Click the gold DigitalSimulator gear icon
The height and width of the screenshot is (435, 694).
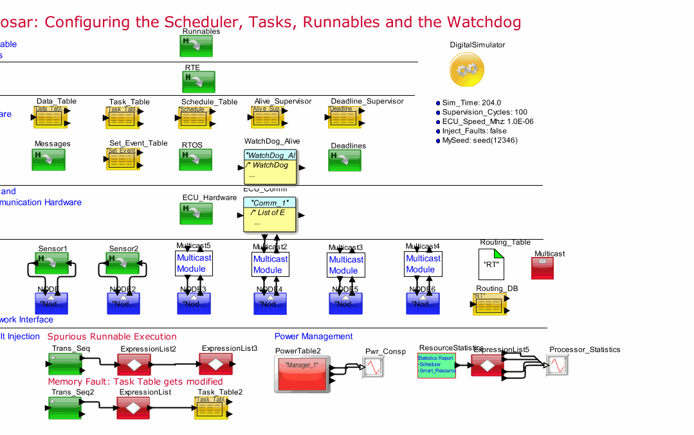tap(467, 69)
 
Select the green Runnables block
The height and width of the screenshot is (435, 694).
tap(197, 45)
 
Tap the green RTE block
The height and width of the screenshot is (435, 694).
tap(197, 82)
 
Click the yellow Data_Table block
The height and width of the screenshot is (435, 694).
tap(50, 117)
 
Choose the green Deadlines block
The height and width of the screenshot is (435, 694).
tap(345, 161)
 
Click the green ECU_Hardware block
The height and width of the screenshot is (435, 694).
tap(197, 213)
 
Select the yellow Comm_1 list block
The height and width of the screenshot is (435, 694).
tap(269, 215)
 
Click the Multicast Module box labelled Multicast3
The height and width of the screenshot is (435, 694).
tap(346, 265)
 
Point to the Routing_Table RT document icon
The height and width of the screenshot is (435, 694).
tap(494, 263)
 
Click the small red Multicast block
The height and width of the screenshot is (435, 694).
tap(542, 268)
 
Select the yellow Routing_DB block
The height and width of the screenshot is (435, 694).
tap(489, 304)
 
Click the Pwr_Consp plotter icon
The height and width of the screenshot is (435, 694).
tap(373, 368)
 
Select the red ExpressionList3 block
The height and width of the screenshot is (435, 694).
tap(220, 364)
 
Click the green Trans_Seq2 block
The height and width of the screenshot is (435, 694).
tap(64, 408)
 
